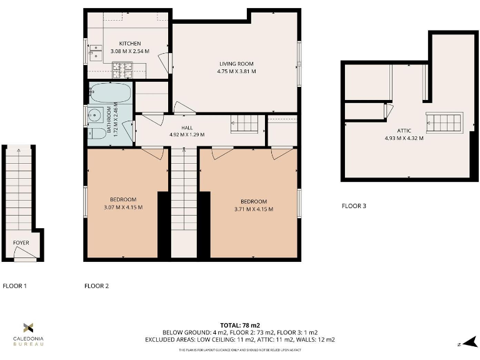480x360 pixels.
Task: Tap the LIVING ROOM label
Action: [x=236, y=64]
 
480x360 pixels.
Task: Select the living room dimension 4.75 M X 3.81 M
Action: [x=236, y=71]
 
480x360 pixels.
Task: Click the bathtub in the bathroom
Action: [x=111, y=94]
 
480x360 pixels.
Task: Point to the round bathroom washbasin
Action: [x=95, y=116]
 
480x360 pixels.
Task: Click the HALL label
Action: [x=178, y=127]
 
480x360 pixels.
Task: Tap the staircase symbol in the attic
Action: [x=444, y=122]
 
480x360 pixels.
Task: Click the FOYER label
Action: [x=21, y=242]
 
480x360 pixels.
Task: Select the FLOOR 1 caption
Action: [x=15, y=286]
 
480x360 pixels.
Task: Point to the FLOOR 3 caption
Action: [x=354, y=206]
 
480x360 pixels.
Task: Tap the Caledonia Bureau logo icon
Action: [x=28, y=327]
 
